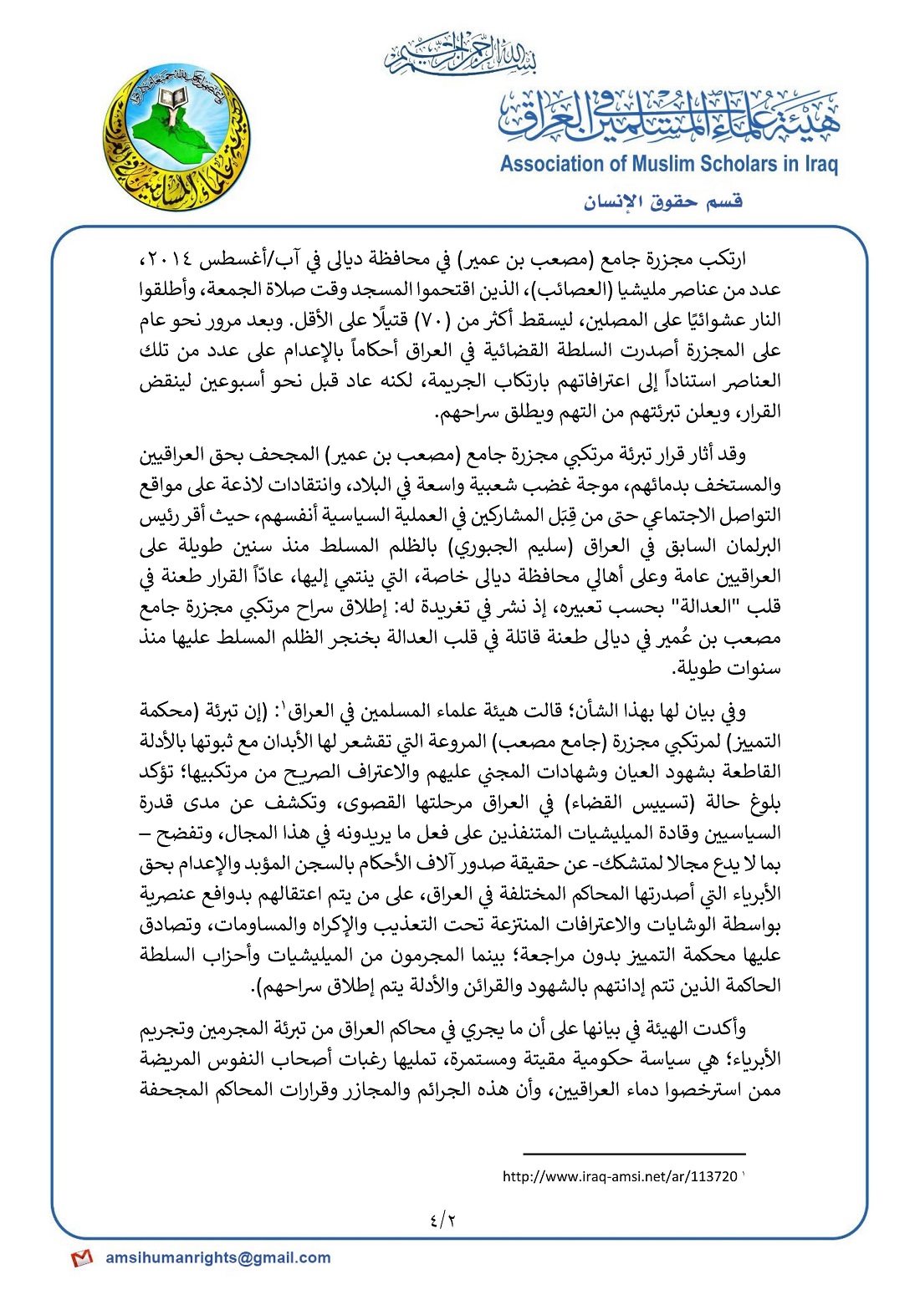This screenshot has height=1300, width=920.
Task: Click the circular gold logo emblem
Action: point(177,138)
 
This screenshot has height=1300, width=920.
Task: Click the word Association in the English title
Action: point(551,164)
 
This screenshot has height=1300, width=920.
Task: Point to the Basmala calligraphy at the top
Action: point(461,54)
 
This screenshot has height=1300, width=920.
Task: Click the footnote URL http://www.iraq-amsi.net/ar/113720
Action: point(620,1176)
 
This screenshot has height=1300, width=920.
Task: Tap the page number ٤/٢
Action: point(443,1220)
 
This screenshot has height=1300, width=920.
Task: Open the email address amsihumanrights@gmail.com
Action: point(218,1257)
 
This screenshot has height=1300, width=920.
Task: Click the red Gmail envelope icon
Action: point(81,1258)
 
